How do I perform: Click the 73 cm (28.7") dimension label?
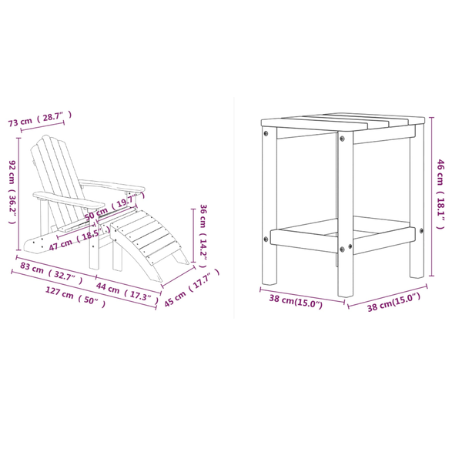[x=39, y=119]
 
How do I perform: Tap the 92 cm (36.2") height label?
[x=12, y=192]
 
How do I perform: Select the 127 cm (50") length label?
[x=75, y=297]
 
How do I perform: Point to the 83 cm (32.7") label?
[x=52, y=273]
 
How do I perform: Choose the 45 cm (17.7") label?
[x=192, y=287]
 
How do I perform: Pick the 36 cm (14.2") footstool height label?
[x=203, y=236]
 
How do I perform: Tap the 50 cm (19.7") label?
[x=115, y=206]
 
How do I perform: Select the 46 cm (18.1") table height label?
[x=440, y=194]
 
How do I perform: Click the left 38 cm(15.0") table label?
[x=296, y=301]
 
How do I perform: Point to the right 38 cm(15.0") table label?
[x=393, y=302]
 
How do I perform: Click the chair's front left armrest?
[x=69, y=199]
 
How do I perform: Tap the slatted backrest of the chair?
[x=56, y=177]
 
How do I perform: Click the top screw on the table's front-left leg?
[x=266, y=133]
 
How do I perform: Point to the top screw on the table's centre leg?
[x=342, y=138]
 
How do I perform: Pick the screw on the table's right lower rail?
[x=421, y=230]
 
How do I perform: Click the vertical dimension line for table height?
[x=431, y=196]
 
